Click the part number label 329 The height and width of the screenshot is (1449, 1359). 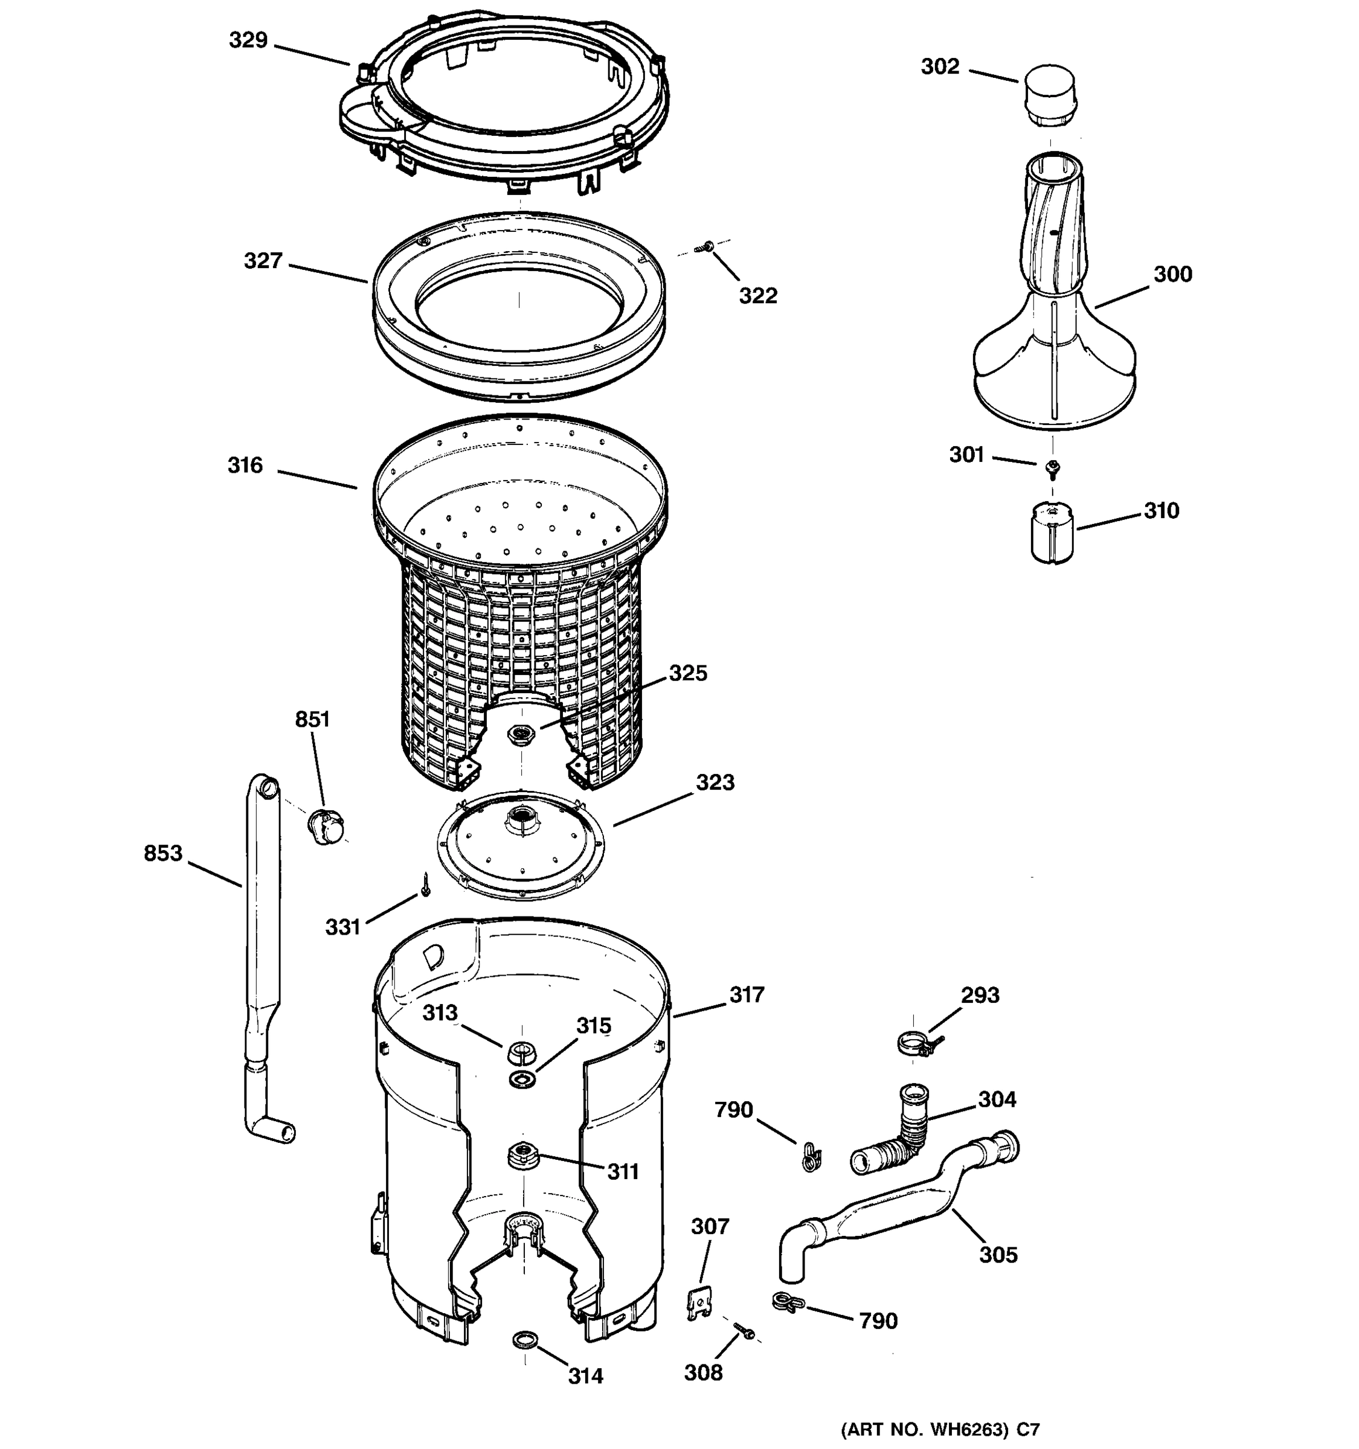[248, 40]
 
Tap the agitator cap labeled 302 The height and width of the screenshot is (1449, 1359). [1049, 95]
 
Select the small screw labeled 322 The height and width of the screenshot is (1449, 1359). [705, 248]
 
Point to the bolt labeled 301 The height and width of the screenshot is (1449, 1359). [1052, 469]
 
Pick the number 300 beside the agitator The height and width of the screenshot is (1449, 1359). [1172, 275]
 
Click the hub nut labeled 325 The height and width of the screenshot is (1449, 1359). [521, 732]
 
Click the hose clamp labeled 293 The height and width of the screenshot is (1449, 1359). [916, 1045]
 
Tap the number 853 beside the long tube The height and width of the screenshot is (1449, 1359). [162, 852]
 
